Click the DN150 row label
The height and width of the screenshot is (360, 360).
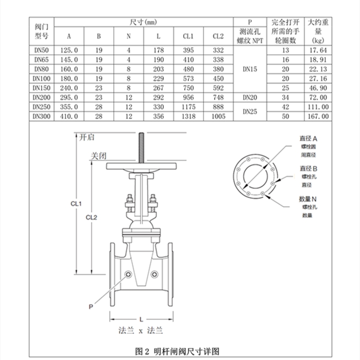[41, 88]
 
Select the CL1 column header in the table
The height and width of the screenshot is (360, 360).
[188, 36]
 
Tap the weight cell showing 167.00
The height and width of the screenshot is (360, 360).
[318, 117]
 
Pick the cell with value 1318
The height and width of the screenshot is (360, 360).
[189, 117]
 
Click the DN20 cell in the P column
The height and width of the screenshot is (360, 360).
[250, 98]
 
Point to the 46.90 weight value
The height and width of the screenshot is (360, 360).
[318, 88]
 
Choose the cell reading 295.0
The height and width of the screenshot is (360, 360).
[69, 98]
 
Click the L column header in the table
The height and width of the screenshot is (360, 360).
[158, 36]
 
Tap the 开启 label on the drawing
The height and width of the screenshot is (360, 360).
[86, 137]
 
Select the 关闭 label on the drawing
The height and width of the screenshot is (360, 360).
[99, 156]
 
